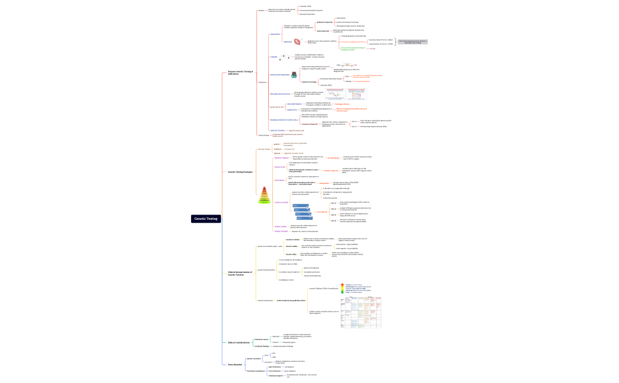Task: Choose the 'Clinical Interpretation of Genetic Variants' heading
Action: pyautogui.click(x=240, y=273)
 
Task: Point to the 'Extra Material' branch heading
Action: pyautogui.click(x=235, y=365)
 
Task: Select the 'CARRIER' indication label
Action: pyautogui.click(x=274, y=57)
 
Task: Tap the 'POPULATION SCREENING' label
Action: pyautogui.click(x=279, y=75)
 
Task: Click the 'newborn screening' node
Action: pyautogui.click(x=310, y=82)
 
